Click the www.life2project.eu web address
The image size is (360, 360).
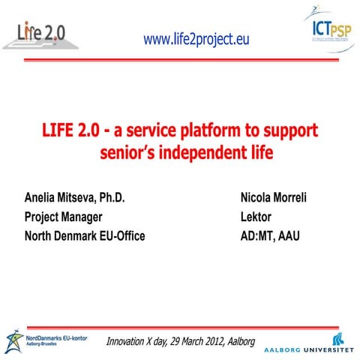[x=196, y=39]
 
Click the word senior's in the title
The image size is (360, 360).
[x=128, y=154]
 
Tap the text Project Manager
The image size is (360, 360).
[x=67, y=217]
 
